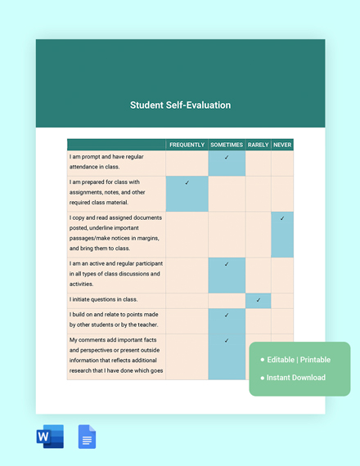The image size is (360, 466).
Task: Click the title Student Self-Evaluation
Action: (x=180, y=105)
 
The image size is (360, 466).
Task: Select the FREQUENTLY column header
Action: (x=187, y=145)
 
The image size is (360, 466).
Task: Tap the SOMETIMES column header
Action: (x=227, y=145)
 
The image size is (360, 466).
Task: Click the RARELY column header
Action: (x=258, y=145)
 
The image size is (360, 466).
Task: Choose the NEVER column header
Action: (x=282, y=145)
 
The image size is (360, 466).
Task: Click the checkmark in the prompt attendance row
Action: (x=227, y=157)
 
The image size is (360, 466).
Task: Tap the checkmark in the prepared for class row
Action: (x=187, y=183)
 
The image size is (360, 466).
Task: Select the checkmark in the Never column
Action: (x=282, y=218)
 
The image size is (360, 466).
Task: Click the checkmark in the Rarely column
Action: (x=258, y=300)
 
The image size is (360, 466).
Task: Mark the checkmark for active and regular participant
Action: (x=227, y=264)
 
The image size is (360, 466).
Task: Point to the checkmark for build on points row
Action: (x=227, y=315)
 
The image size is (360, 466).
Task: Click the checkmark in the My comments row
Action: (x=227, y=340)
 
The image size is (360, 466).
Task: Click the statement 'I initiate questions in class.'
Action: (x=104, y=300)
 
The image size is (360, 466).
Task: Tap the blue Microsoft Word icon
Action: (x=50, y=437)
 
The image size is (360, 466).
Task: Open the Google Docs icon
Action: (x=87, y=437)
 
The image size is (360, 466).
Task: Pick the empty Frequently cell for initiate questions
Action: (x=187, y=300)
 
